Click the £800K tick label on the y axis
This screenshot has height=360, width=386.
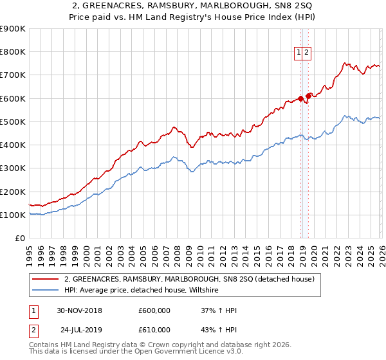tap(13, 52)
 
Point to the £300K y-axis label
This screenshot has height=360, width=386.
tap(13, 168)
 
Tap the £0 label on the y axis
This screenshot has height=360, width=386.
tap(19, 239)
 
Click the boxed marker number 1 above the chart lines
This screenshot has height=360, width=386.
tap(300, 54)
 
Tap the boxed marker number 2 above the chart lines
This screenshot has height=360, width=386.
tap(308, 54)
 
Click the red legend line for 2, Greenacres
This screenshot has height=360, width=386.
tap(46, 279)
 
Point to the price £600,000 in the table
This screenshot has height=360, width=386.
tap(154, 310)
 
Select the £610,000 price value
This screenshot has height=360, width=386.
tap(154, 330)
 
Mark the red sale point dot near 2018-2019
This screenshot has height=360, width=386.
tap(301, 98)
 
